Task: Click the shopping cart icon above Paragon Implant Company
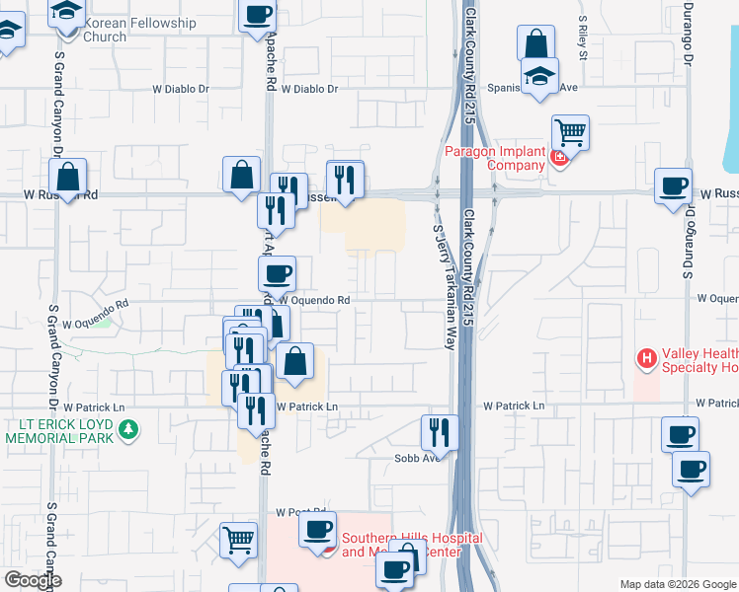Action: tap(570, 131)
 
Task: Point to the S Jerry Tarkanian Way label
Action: tap(442, 286)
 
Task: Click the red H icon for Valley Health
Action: tap(647, 358)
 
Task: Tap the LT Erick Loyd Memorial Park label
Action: tap(61, 430)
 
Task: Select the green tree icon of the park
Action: tap(127, 430)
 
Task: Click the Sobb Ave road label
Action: tap(416, 458)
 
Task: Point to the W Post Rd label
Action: tap(300, 512)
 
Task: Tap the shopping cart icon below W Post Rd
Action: tap(237, 540)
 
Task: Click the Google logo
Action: tap(32, 580)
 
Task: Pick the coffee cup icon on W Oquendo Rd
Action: tap(277, 272)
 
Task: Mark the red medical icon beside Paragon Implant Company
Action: tap(560, 158)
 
